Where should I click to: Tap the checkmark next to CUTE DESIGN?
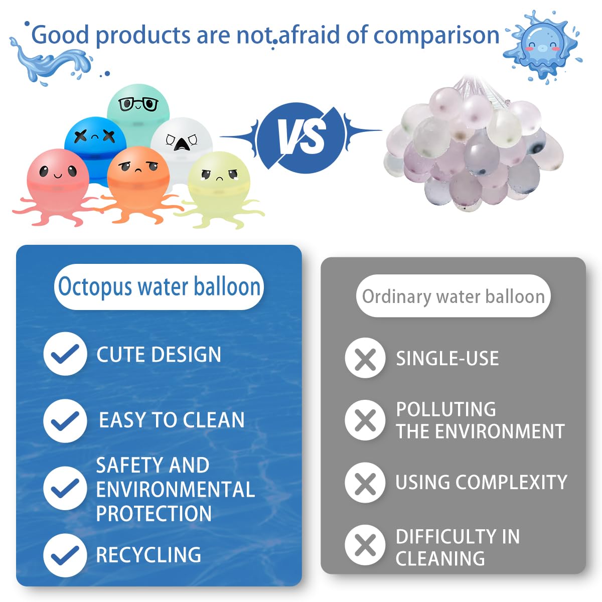(x=65, y=354)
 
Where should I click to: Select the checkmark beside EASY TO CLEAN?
(x=65, y=420)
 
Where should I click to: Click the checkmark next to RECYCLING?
(x=65, y=555)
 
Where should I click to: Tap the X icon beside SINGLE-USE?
(x=365, y=358)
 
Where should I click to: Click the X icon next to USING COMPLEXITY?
(x=365, y=483)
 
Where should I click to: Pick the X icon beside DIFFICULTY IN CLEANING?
(x=365, y=545)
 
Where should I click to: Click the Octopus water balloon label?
(x=159, y=287)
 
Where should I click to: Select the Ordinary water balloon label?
(x=453, y=296)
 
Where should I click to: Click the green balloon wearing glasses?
(x=138, y=110)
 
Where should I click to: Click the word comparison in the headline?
(x=436, y=35)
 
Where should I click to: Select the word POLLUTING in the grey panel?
(x=446, y=409)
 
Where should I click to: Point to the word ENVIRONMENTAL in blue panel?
(x=175, y=490)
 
